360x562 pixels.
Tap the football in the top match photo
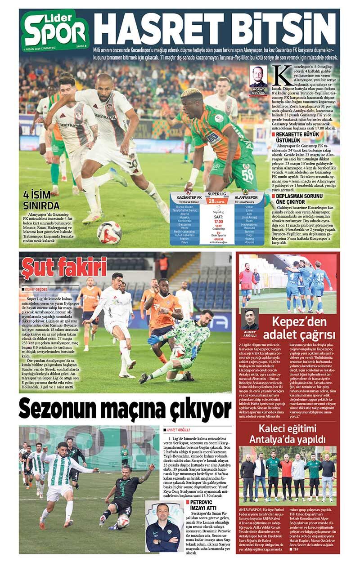click(109, 232)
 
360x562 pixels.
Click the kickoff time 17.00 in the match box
click(219, 222)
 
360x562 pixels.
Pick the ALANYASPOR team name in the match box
click(246, 197)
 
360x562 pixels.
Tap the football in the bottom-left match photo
click(123, 521)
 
